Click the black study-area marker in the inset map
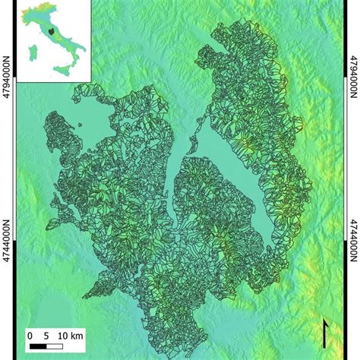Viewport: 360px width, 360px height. (49, 32)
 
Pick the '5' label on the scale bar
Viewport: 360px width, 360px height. (46, 334)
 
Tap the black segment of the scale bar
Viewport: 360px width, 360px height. (38, 347)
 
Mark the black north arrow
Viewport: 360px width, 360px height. (326, 333)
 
